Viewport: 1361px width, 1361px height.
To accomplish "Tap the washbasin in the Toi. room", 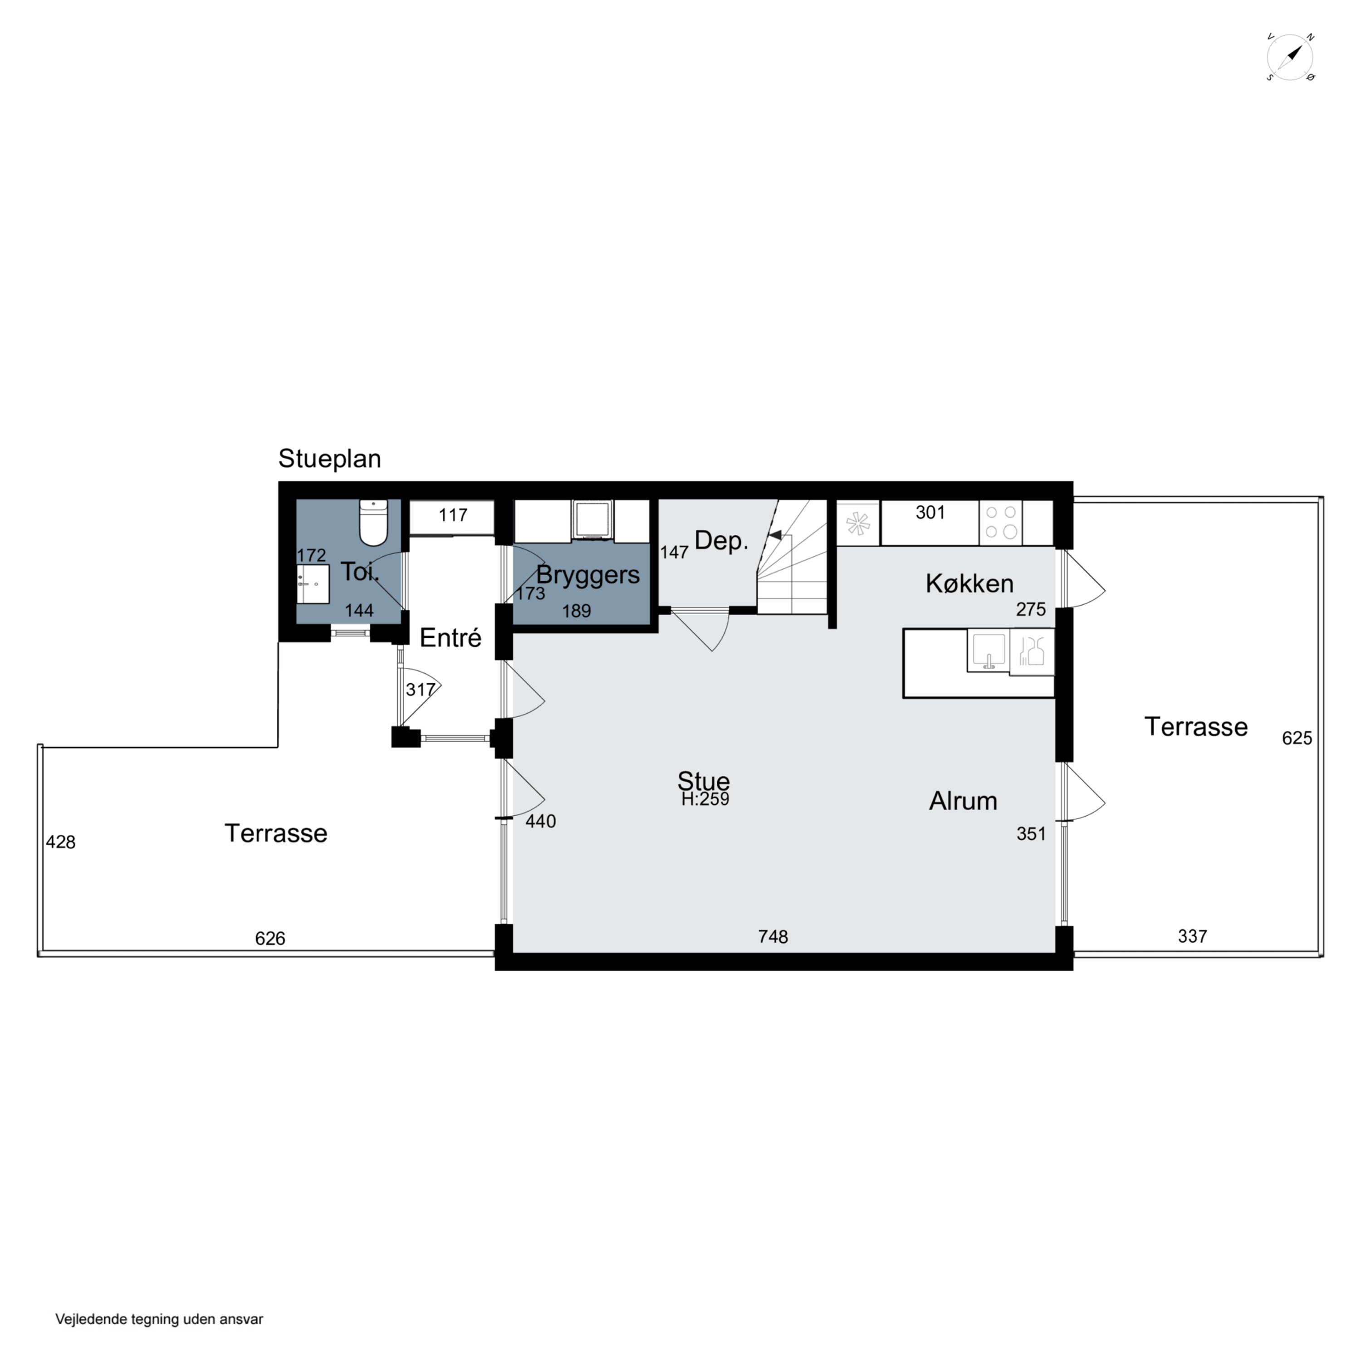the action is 313,583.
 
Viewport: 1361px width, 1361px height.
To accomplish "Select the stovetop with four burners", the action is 1001,522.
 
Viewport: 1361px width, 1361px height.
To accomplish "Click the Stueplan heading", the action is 330,459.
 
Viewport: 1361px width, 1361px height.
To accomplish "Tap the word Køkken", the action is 969,583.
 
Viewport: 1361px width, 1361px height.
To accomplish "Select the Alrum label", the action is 963,801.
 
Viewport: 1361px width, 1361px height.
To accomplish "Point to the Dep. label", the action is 721,541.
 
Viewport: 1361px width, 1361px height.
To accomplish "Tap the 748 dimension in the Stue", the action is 773,936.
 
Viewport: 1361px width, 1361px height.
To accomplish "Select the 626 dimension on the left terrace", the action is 270,938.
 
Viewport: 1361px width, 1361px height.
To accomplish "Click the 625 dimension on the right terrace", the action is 1297,738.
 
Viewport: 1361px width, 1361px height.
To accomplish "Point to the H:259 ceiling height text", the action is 705,799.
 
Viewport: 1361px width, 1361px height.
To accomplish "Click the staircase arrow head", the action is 774,535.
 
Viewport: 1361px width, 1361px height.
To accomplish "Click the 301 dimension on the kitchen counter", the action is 930,512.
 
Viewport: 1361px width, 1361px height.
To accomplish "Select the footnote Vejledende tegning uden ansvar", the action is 159,1319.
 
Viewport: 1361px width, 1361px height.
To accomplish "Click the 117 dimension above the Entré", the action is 452,515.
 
